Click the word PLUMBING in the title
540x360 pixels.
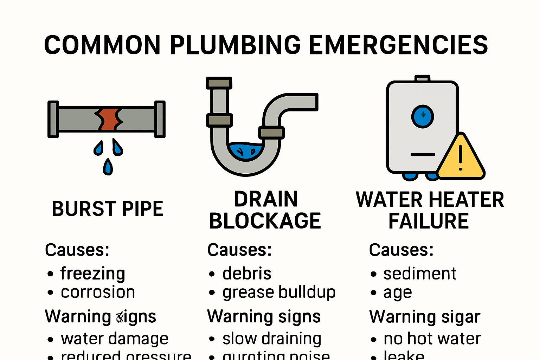pyautogui.click(x=235, y=45)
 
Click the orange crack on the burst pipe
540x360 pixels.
pyautogui.click(x=109, y=119)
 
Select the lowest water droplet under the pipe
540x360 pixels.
pyautogui.click(x=108, y=167)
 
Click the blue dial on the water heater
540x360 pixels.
pyautogui.click(x=423, y=116)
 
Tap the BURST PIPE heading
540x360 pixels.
pyautogui.click(x=108, y=209)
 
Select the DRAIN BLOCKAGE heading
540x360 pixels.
pyautogui.click(x=265, y=210)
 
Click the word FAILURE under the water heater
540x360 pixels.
pyautogui.click(x=429, y=221)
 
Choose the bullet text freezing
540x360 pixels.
pyautogui.click(x=93, y=274)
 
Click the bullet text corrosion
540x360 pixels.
pyautogui.click(x=98, y=292)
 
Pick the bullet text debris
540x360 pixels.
pyautogui.click(x=247, y=274)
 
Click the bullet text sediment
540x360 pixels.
pyautogui.click(x=420, y=274)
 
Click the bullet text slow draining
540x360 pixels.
pyautogui.click(x=272, y=339)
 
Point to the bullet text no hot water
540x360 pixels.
pyautogui.click(x=432, y=339)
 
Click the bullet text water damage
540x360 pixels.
pyautogui.click(x=115, y=339)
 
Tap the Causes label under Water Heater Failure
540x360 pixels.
pyautogui.click(x=401, y=250)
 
